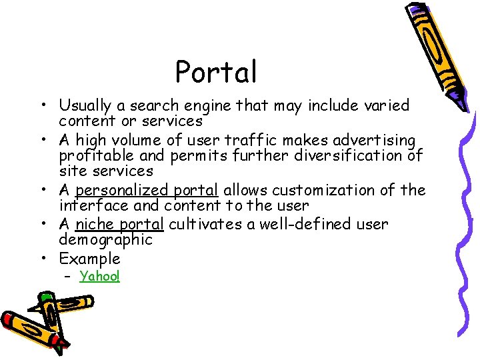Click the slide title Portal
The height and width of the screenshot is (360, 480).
pyautogui.click(x=215, y=71)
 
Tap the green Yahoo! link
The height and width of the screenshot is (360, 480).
pyautogui.click(x=99, y=276)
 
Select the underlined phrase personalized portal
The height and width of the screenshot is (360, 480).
pyautogui.click(x=147, y=191)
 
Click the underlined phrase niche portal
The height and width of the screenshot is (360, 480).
pyautogui.click(x=119, y=224)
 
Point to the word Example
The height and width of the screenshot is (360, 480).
pyautogui.click(x=89, y=259)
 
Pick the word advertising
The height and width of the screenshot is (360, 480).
pyautogui.click(x=378, y=141)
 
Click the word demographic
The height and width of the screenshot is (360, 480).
pyautogui.click(x=105, y=240)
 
